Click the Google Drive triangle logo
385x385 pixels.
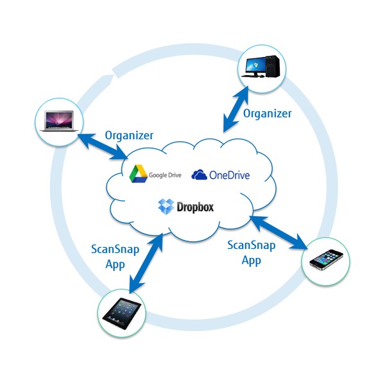[137, 174]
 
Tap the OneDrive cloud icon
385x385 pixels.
[200, 175]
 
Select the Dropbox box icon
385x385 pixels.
[166, 207]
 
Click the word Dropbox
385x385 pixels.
[194, 207]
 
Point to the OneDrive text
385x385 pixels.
[229, 175]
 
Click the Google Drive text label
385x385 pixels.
[166, 175]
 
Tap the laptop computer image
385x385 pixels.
[58, 120]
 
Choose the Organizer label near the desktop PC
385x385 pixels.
[268, 114]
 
